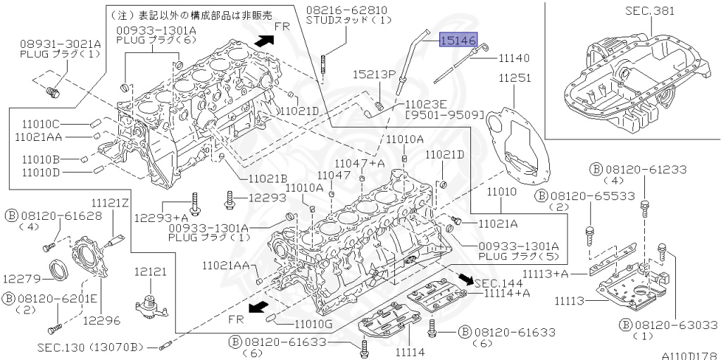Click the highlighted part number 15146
pyautogui.click(x=458, y=41)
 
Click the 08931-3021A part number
pyautogui.click(x=60, y=43)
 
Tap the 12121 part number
pyautogui.click(x=150, y=271)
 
